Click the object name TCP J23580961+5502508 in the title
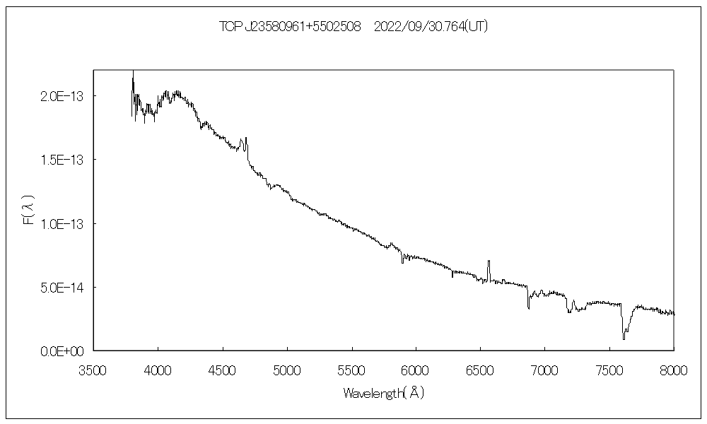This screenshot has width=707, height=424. coord(291,27)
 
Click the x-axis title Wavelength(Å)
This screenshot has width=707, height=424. coord(383,393)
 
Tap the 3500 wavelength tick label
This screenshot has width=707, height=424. coord(93,370)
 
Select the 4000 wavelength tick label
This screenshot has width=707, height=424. coord(158,370)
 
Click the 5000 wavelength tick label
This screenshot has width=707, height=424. coord(287,370)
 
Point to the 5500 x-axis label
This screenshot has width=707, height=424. coord(351,370)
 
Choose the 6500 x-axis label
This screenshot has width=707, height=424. coord(481,370)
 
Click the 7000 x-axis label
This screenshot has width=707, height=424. coord(545,370)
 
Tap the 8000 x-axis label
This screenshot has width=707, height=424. coord(674,370)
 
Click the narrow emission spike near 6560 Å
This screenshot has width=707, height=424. coord(489,262)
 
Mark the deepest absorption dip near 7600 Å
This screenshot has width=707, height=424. coord(624,338)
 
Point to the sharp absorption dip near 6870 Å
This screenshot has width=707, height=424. coord(528,307)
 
